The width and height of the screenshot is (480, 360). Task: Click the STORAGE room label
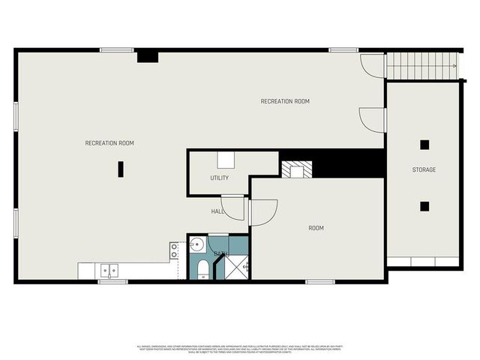(424, 170)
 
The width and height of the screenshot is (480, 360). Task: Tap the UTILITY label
(219, 178)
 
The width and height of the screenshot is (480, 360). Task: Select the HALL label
(217, 211)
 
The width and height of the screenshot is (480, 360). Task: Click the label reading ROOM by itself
(316, 228)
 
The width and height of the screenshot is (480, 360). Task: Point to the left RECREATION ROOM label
(109, 142)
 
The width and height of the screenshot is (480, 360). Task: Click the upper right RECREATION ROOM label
(285, 101)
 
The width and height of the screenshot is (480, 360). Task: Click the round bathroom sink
(196, 244)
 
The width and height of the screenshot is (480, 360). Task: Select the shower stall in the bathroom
(238, 266)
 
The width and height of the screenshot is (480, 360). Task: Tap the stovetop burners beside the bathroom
(174, 250)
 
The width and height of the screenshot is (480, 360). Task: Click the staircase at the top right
(421, 66)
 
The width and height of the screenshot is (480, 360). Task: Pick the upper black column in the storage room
(424, 145)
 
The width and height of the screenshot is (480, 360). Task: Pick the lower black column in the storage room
(424, 205)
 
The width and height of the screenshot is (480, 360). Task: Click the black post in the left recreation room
(120, 169)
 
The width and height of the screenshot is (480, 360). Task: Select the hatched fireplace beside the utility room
(292, 170)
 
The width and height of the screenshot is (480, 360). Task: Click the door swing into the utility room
(234, 208)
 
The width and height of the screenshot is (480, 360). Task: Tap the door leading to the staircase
(372, 66)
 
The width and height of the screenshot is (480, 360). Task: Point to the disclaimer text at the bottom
(240, 349)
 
